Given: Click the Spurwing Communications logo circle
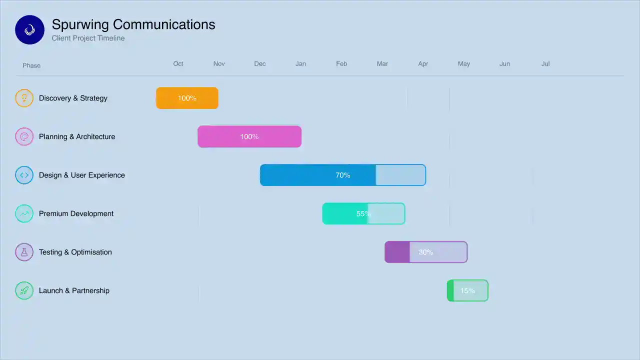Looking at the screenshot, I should click(x=29, y=30).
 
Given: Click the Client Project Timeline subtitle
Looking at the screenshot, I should click(x=88, y=38).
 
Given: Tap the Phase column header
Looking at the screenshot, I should click(x=31, y=65).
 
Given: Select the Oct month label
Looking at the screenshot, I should click(x=178, y=64).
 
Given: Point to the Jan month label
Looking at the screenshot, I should click(x=300, y=64).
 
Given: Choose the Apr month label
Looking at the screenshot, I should click(x=423, y=64).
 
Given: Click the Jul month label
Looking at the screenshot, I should click(x=545, y=64).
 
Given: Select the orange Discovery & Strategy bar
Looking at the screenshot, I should click(x=187, y=98).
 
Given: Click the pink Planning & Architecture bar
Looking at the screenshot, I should click(x=249, y=136).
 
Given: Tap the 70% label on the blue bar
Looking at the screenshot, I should click(x=343, y=175).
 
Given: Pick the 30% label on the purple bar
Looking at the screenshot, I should click(x=426, y=252).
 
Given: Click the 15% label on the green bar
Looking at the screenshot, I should click(x=467, y=291).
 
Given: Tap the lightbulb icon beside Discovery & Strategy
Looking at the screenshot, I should click(x=24, y=98).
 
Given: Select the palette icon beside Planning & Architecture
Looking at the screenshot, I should click(x=24, y=136).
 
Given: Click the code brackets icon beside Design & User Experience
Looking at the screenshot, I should click(x=24, y=175).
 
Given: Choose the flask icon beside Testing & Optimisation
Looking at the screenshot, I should click(x=24, y=252).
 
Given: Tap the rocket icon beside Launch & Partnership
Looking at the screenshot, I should click(x=24, y=290).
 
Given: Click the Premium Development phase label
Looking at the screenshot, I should click(x=76, y=213).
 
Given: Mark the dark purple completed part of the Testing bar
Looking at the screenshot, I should click(x=397, y=252).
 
